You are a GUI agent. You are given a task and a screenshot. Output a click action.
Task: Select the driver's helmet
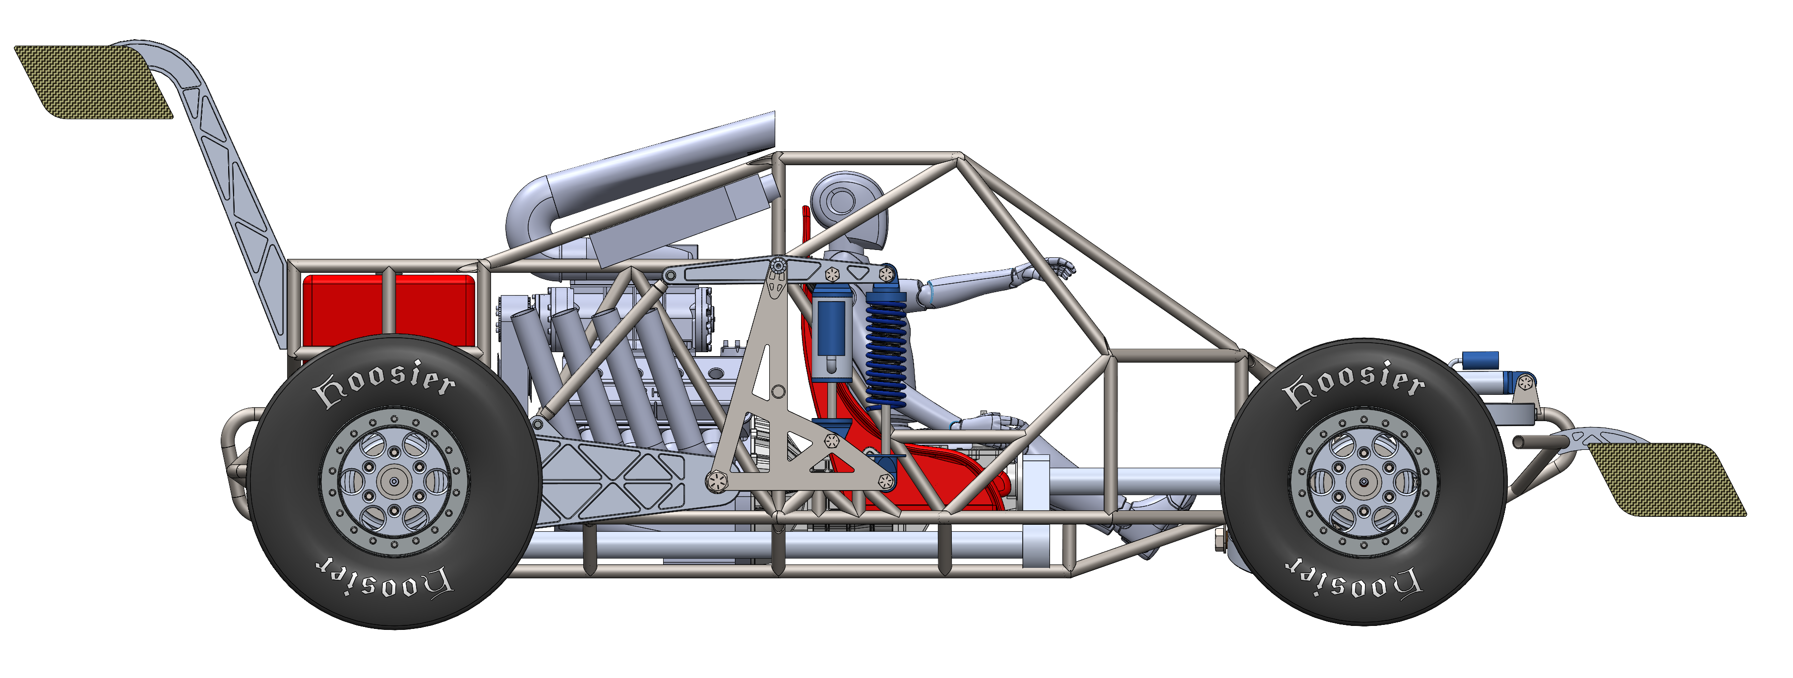tap(849, 209)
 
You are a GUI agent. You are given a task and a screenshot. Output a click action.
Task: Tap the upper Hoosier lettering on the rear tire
tap(384, 383)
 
